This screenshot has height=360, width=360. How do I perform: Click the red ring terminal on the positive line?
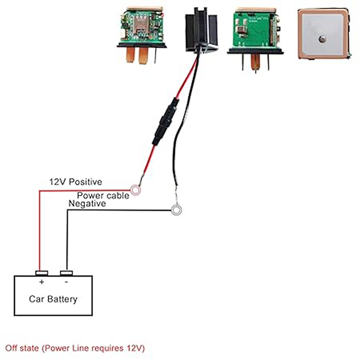tap(135, 190)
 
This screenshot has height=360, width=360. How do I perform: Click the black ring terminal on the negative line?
tap(177, 210)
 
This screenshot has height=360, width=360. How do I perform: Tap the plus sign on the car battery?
tap(42, 282)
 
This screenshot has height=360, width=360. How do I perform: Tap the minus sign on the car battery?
tap(66, 282)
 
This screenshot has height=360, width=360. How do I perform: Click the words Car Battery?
tap(53, 299)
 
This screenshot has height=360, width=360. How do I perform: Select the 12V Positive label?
tap(76, 182)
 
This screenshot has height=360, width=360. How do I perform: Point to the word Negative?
tap(87, 204)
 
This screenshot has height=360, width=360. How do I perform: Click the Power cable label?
tap(103, 196)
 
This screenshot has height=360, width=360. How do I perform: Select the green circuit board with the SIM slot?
tap(142, 27)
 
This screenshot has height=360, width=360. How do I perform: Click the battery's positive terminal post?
tap(42, 273)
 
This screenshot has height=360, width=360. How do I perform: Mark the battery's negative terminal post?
tap(66, 273)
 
